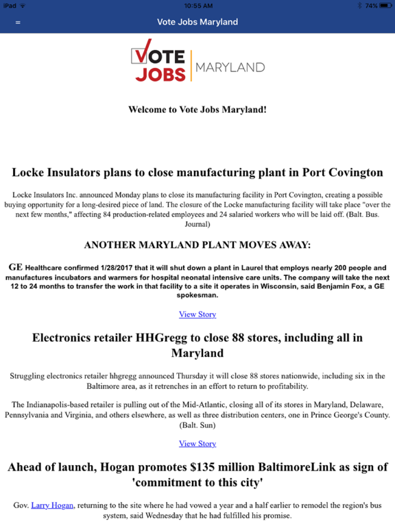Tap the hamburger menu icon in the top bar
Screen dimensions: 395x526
click(x=18, y=22)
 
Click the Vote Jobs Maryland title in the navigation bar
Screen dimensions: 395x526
click(x=197, y=22)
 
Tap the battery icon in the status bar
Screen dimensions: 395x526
click(x=383, y=5)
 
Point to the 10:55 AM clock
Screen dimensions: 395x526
click(x=197, y=5)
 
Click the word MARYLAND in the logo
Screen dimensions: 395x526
click(x=230, y=67)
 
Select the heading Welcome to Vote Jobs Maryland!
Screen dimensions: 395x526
click(x=197, y=110)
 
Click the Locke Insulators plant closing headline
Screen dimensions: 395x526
click(x=197, y=172)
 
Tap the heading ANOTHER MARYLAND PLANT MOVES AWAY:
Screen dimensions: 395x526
click(x=197, y=245)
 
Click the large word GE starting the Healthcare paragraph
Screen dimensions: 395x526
click(x=16, y=266)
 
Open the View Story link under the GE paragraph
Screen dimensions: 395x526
click(x=197, y=314)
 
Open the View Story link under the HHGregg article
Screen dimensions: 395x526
click(x=197, y=443)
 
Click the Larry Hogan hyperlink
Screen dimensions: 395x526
click(x=51, y=505)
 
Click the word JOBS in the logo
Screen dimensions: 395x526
click(x=160, y=73)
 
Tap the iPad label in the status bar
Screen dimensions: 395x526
click(x=10, y=5)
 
